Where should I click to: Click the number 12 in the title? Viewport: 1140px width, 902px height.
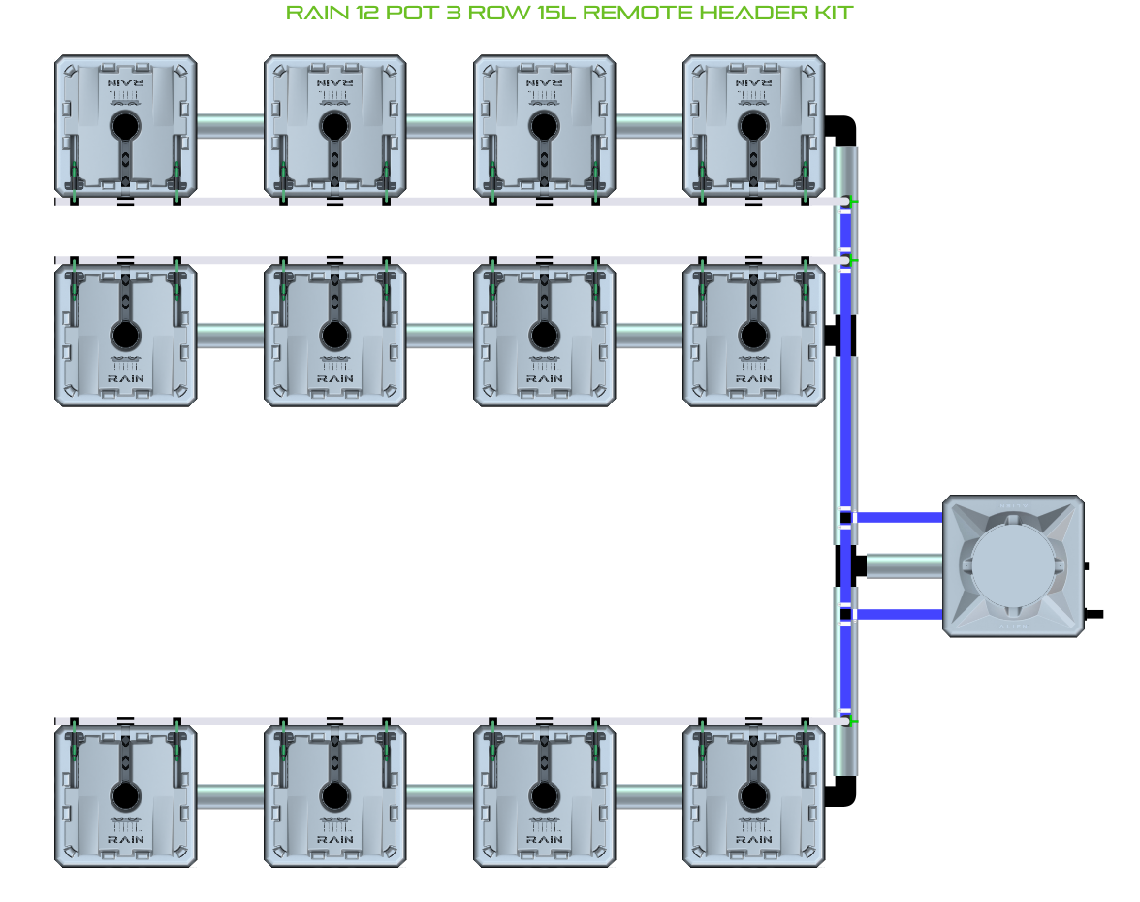click(x=364, y=13)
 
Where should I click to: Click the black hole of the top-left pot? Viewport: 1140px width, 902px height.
click(x=125, y=126)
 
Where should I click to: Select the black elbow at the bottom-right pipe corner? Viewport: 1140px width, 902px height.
click(x=842, y=792)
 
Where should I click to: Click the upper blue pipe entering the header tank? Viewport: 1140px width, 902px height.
click(x=898, y=517)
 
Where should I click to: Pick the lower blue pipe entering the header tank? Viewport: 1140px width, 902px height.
click(x=898, y=614)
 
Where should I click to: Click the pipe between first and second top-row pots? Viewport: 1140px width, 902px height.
click(x=231, y=126)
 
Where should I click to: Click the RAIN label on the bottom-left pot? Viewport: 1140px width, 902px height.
click(x=125, y=839)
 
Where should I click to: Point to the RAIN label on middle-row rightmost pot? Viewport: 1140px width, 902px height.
click(x=753, y=377)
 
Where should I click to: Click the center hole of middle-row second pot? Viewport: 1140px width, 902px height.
click(x=334, y=336)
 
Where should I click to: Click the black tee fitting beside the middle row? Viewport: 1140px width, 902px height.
click(x=833, y=336)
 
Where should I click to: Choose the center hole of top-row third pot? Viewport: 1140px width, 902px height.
click(x=544, y=126)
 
